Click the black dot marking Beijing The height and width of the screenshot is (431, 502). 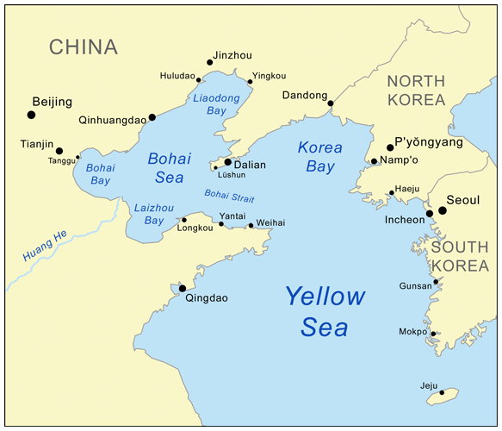click(32, 115)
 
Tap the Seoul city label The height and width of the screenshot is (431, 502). click(468, 199)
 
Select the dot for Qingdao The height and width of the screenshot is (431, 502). click(183, 289)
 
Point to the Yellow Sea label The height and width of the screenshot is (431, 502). click(325, 311)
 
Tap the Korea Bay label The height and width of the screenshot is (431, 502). click(319, 155)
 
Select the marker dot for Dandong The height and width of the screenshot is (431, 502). click(331, 104)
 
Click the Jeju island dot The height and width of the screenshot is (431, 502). click(443, 392)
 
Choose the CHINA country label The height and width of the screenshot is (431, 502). click(83, 47)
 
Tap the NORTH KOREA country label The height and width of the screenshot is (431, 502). click(416, 91)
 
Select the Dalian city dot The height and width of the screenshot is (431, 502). click(227, 161)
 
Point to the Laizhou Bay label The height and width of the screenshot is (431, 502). click(148, 214)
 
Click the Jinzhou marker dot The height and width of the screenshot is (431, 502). click(210, 62)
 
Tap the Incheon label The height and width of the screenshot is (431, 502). click(405, 220)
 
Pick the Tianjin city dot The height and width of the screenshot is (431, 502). click(59, 151)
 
